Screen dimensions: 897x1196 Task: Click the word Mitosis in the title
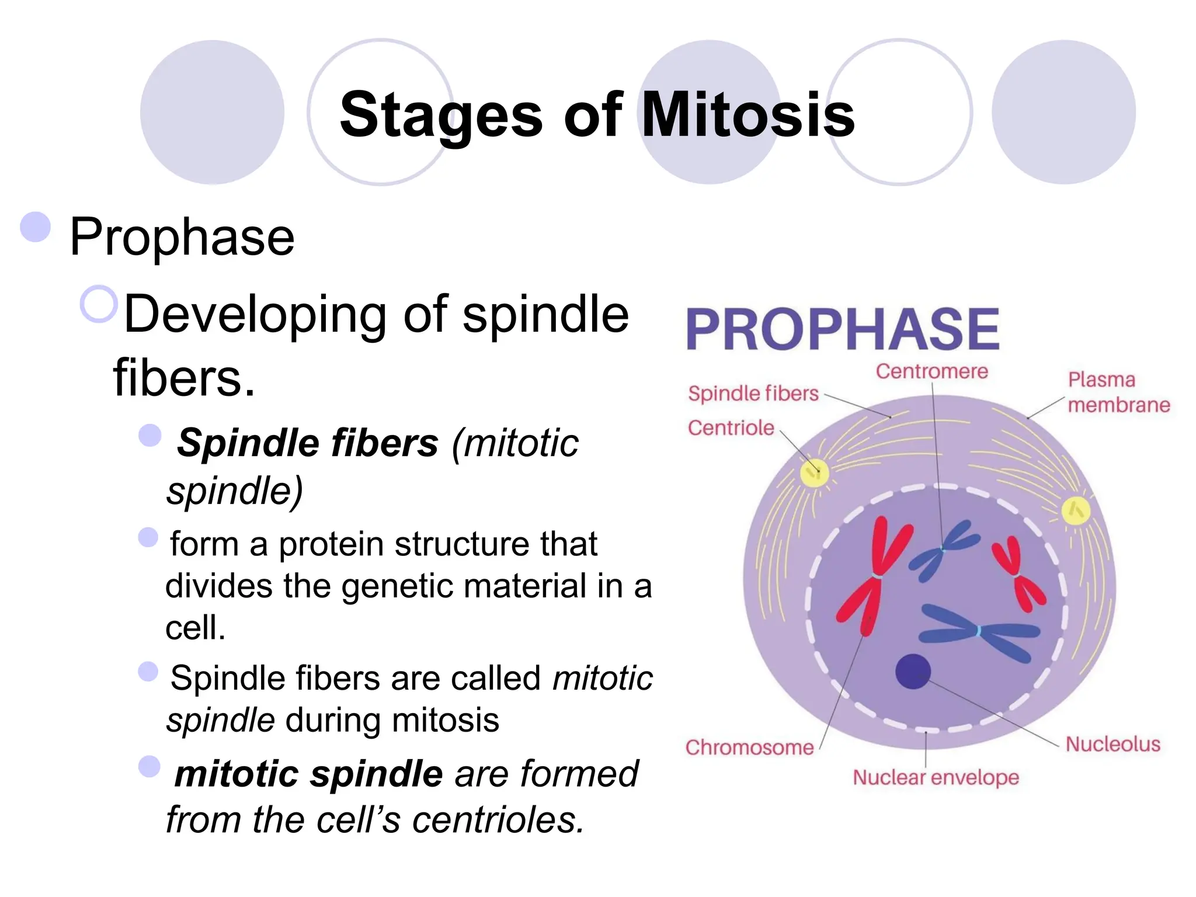pyautogui.click(x=748, y=114)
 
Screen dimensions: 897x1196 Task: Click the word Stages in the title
pyautogui.click(x=441, y=114)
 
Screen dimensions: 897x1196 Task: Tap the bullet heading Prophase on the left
pyautogui.click(x=182, y=237)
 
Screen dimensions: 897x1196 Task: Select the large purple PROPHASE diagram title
pyautogui.click(x=843, y=329)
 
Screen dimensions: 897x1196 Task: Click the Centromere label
pyautogui.click(x=931, y=371)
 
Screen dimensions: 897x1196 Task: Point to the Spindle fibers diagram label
pyautogui.click(x=753, y=394)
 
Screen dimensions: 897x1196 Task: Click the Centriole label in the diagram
pyautogui.click(x=731, y=428)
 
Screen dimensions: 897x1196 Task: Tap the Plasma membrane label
pyautogui.click(x=1118, y=392)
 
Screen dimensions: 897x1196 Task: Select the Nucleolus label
pyautogui.click(x=1113, y=745)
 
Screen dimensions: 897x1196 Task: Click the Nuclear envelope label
pyautogui.click(x=936, y=778)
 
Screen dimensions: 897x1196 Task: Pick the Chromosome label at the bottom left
pyautogui.click(x=749, y=748)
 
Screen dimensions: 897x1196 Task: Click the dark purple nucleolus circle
pyautogui.click(x=913, y=672)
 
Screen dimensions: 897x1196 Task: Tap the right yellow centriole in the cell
pyautogui.click(x=1075, y=511)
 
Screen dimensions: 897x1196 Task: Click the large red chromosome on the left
pyautogui.click(x=875, y=575)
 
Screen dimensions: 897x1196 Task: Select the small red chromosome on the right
pyautogui.click(x=1017, y=573)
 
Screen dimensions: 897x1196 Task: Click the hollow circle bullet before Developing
pyautogui.click(x=99, y=304)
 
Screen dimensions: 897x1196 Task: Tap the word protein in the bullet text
pyautogui.click(x=331, y=544)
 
